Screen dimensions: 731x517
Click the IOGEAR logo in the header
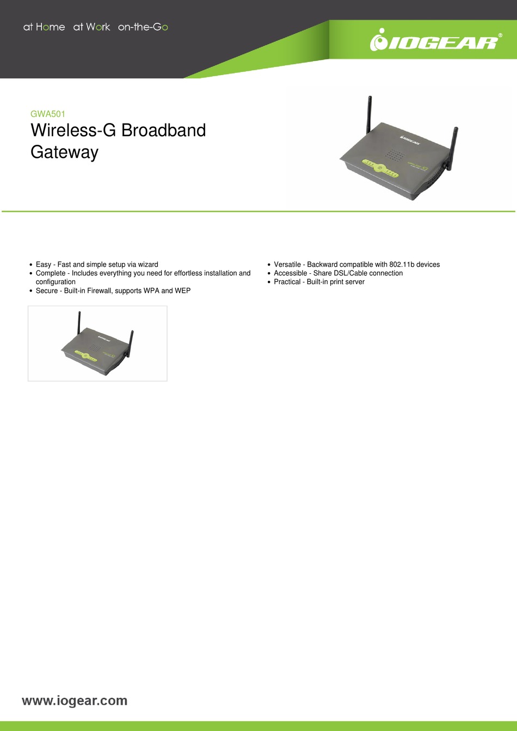434,41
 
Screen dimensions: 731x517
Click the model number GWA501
48,114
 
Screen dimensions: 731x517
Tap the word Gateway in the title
64,152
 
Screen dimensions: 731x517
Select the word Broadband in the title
163,131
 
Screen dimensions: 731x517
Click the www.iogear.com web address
75,701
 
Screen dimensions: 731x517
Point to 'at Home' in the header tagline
44,27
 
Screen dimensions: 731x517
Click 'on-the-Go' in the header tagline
143,27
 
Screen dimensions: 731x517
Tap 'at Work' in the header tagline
91,27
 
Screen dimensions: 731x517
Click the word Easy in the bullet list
44,265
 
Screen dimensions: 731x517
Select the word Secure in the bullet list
47,291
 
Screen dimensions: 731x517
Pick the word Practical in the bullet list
287,282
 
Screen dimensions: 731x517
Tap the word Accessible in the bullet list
290,273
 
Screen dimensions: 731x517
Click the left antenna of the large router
368,114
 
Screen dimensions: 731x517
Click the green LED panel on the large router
380,168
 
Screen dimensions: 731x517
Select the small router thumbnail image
97,343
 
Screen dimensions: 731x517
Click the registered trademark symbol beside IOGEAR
500,35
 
